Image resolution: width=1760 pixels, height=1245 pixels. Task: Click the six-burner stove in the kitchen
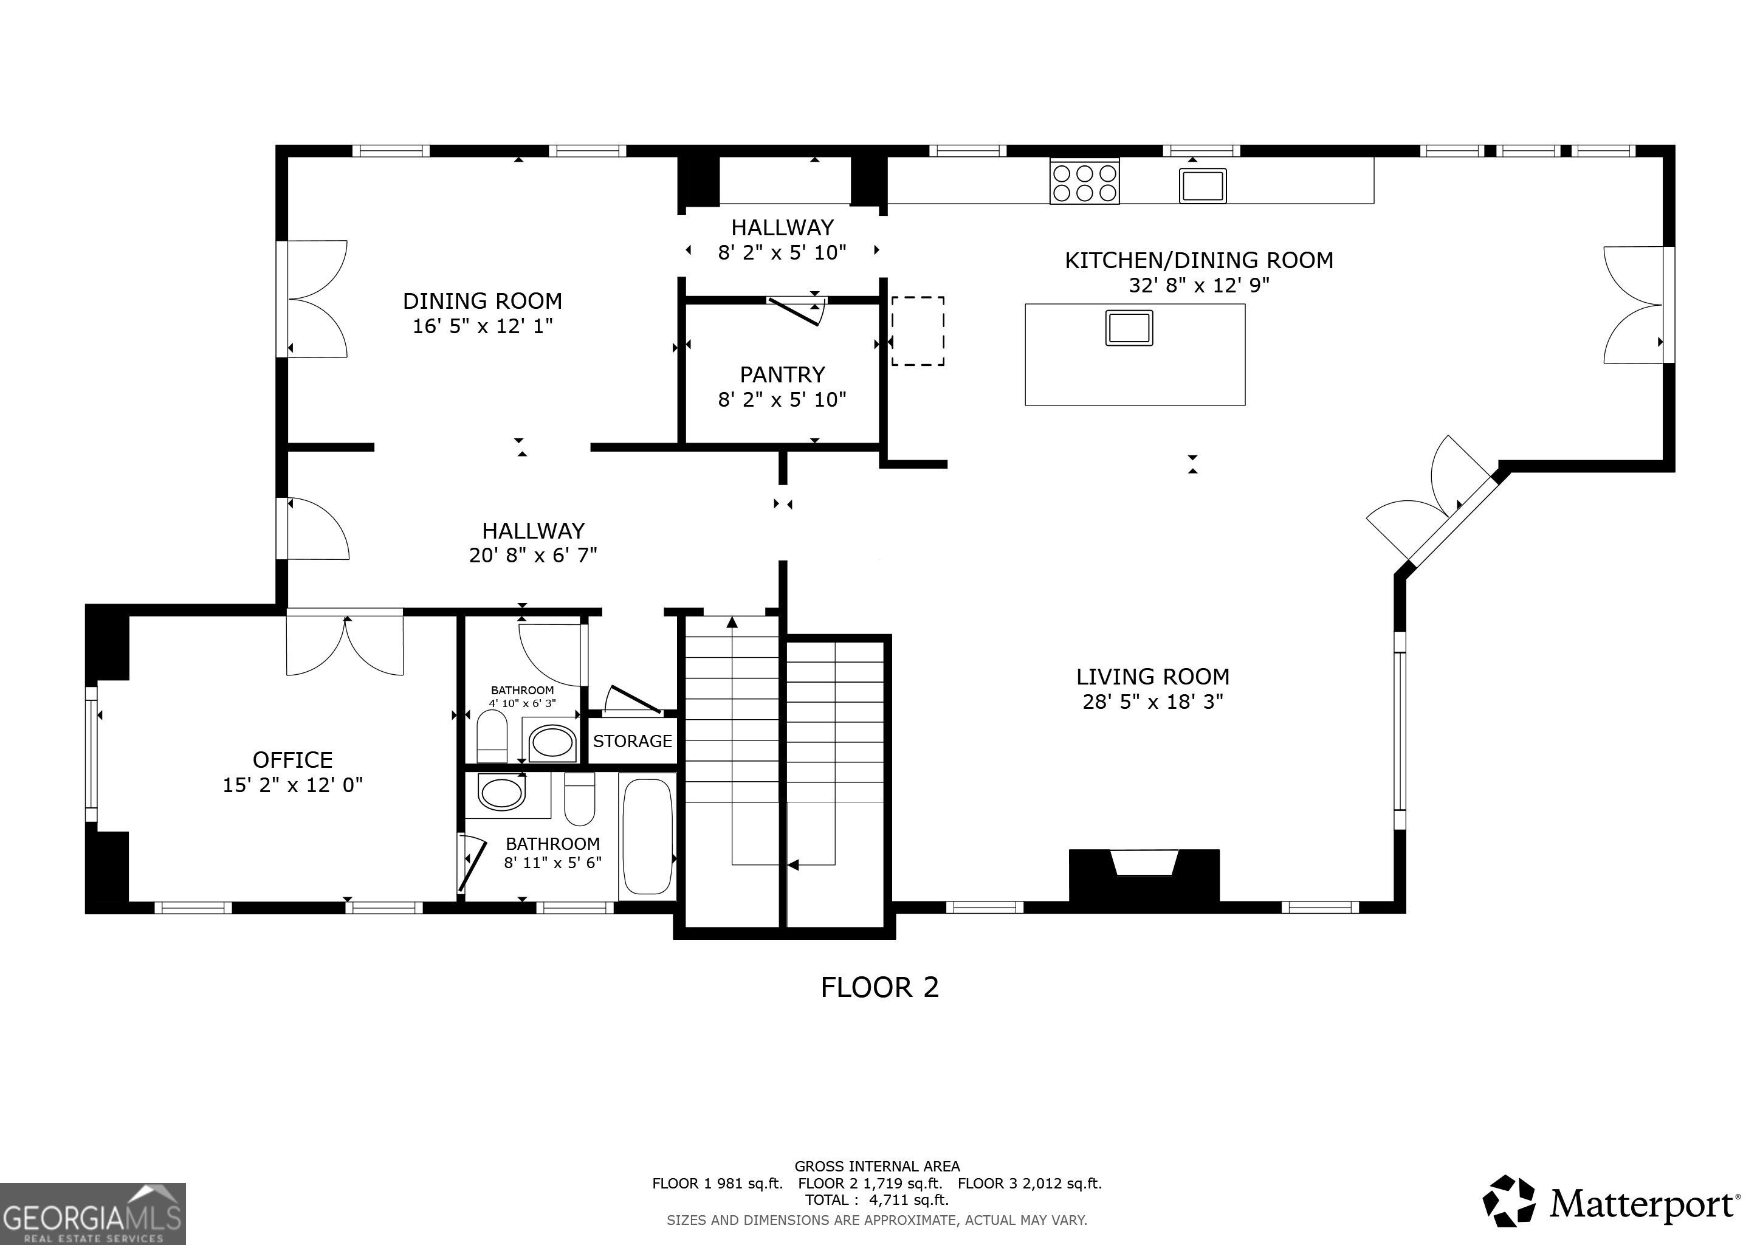pyautogui.click(x=1084, y=181)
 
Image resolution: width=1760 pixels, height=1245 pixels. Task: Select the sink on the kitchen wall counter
pyautogui.click(x=1202, y=185)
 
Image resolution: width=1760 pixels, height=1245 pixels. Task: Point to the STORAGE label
pyautogui.click(x=633, y=740)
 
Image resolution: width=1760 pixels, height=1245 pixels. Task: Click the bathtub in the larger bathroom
pyautogui.click(x=648, y=836)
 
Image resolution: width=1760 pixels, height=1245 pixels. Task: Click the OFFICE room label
pyautogui.click(x=293, y=760)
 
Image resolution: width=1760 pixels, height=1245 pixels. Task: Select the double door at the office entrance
pyautogui.click(x=345, y=643)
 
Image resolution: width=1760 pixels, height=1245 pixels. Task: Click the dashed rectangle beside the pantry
pyautogui.click(x=917, y=331)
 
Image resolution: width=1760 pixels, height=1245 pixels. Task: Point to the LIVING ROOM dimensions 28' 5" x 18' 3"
pyautogui.click(x=1153, y=702)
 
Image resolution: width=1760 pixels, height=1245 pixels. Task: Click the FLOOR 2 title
pyautogui.click(x=880, y=987)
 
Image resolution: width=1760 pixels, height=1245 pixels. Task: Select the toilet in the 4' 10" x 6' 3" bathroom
pyautogui.click(x=492, y=736)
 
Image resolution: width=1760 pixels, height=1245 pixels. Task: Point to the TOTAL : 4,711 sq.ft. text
pyautogui.click(x=877, y=1200)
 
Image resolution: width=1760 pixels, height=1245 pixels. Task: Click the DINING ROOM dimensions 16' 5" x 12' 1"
pyautogui.click(x=483, y=326)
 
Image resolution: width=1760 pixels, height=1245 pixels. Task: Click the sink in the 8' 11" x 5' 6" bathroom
pyautogui.click(x=501, y=793)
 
